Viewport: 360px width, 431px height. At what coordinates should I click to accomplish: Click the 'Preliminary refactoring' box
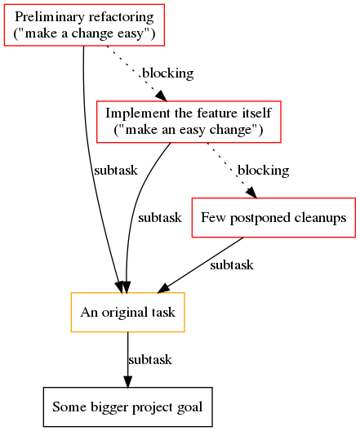(84, 25)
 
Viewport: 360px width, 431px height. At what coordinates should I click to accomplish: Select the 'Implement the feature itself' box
(189, 122)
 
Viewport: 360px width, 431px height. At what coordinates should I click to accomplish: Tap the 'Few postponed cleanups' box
(273, 217)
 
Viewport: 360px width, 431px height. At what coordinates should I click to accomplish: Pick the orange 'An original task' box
(128, 313)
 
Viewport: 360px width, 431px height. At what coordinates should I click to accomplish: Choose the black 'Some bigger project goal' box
(128, 407)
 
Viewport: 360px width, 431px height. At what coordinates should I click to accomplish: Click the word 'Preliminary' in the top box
(50, 17)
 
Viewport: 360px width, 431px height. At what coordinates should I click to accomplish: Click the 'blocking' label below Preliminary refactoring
(168, 73)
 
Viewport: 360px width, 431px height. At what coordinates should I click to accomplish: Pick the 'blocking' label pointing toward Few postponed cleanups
(264, 171)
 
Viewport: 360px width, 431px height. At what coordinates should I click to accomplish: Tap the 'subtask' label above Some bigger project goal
(150, 360)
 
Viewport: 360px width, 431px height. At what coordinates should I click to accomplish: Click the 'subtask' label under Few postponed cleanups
(232, 265)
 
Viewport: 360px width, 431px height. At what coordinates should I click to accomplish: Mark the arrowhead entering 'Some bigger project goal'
(128, 382)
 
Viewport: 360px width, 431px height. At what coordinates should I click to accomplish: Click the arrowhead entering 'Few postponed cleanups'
(252, 192)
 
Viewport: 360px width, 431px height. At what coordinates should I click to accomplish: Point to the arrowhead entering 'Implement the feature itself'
(162, 96)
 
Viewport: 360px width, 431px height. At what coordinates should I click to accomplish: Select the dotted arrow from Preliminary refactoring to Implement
(136, 73)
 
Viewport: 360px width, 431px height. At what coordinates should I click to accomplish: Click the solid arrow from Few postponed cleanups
(200, 265)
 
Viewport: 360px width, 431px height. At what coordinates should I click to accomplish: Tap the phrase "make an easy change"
(189, 130)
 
